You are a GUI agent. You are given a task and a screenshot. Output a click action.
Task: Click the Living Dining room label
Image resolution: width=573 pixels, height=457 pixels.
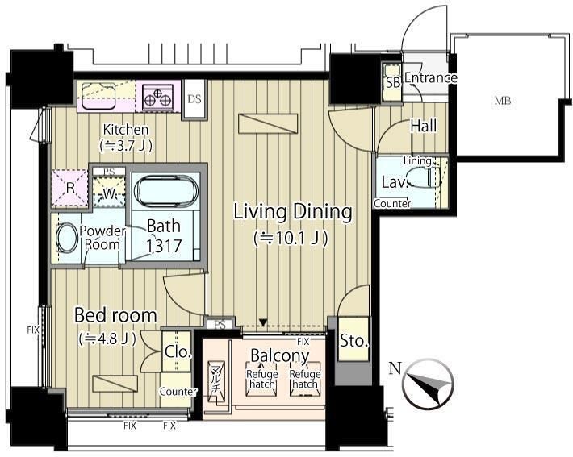(293, 212)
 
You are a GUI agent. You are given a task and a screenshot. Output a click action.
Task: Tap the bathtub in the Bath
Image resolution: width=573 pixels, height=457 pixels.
(166, 190)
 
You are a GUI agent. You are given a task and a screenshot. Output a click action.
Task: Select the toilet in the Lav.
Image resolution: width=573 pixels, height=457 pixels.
(424, 177)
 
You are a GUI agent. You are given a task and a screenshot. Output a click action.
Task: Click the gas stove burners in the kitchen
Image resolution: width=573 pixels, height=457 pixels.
(158, 96)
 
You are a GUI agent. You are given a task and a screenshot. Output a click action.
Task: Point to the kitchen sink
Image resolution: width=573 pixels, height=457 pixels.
(98, 96)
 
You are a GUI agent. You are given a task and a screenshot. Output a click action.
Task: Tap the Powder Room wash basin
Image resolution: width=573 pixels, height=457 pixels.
(66, 238)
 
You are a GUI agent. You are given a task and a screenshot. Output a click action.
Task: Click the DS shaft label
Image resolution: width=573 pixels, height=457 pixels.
(194, 99)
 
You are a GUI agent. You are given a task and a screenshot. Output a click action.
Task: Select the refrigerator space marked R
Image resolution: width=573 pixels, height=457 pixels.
(70, 188)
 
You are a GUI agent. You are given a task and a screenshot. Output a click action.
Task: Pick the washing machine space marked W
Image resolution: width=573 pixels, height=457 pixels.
(109, 193)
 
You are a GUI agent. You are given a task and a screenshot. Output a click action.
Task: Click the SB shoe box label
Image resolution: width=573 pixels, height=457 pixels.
(393, 83)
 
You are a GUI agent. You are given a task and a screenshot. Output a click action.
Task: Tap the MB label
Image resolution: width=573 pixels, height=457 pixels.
(503, 101)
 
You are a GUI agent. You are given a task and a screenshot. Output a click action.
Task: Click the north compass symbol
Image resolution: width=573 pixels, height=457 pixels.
(428, 384)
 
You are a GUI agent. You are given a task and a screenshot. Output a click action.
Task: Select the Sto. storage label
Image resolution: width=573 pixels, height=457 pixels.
(353, 341)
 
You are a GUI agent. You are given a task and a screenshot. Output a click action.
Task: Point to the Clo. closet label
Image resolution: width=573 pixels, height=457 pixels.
(178, 351)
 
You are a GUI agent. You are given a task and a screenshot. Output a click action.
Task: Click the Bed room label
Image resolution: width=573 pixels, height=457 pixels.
(115, 315)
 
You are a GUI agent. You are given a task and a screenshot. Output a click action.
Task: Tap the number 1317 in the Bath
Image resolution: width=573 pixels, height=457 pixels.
(164, 246)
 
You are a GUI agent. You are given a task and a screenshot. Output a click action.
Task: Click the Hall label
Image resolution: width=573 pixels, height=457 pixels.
(424, 126)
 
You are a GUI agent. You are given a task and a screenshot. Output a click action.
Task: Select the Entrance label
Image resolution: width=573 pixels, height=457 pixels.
(431, 77)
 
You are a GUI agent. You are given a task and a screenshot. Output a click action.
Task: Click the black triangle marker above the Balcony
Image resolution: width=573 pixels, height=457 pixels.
(263, 322)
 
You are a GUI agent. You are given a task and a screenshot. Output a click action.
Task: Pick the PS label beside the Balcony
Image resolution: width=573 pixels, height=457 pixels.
(220, 325)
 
